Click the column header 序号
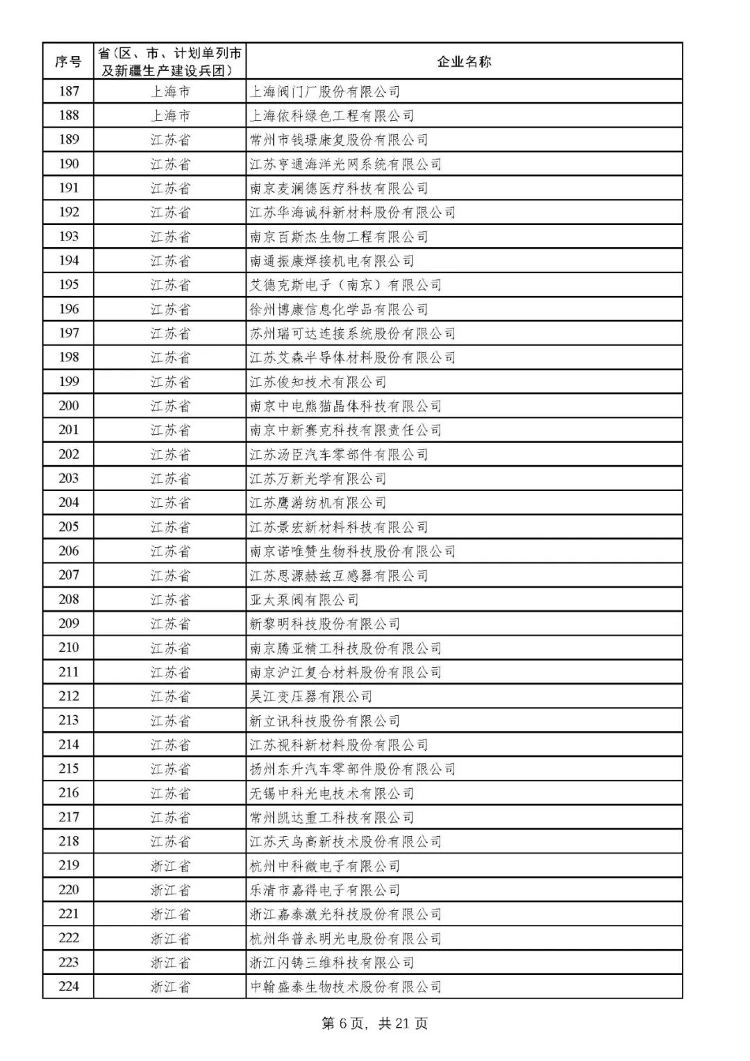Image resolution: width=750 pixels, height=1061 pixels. tap(68, 62)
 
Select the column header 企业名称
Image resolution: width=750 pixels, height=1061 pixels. tap(464, 62)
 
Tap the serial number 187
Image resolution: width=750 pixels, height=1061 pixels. tap(68, 91)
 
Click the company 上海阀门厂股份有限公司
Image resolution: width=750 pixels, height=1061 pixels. tap(325, 92)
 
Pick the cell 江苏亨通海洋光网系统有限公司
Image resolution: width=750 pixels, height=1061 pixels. tap(346, 164)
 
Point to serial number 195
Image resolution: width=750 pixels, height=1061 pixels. tap(68, 285)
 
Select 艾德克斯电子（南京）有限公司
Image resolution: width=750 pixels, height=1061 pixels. tap(346, 285)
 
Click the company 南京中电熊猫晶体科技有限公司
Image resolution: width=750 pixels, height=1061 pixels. tap(346, 406)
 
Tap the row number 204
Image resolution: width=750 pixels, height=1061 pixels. tap(68, 502)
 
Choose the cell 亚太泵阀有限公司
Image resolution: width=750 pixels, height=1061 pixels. tap(304, 599)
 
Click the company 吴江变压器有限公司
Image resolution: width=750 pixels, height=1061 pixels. tap(311, 696)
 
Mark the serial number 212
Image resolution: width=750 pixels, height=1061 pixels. tap(68, 696)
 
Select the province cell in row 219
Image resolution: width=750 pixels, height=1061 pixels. tap(170, 865)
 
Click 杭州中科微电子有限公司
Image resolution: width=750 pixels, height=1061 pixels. tap(325, 866)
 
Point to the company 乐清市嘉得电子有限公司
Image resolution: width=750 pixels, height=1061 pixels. tap(325, 889)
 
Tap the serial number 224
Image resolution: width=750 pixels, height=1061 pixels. tap(68, 986)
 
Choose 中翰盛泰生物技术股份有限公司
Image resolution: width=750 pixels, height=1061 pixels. tap(346, 987)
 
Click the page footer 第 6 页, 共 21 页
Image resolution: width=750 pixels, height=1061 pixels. tap(375, 1024)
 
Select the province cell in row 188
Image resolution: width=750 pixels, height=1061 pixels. tap(170, 115)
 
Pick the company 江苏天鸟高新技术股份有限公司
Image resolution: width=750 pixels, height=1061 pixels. tap(346, 842)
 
